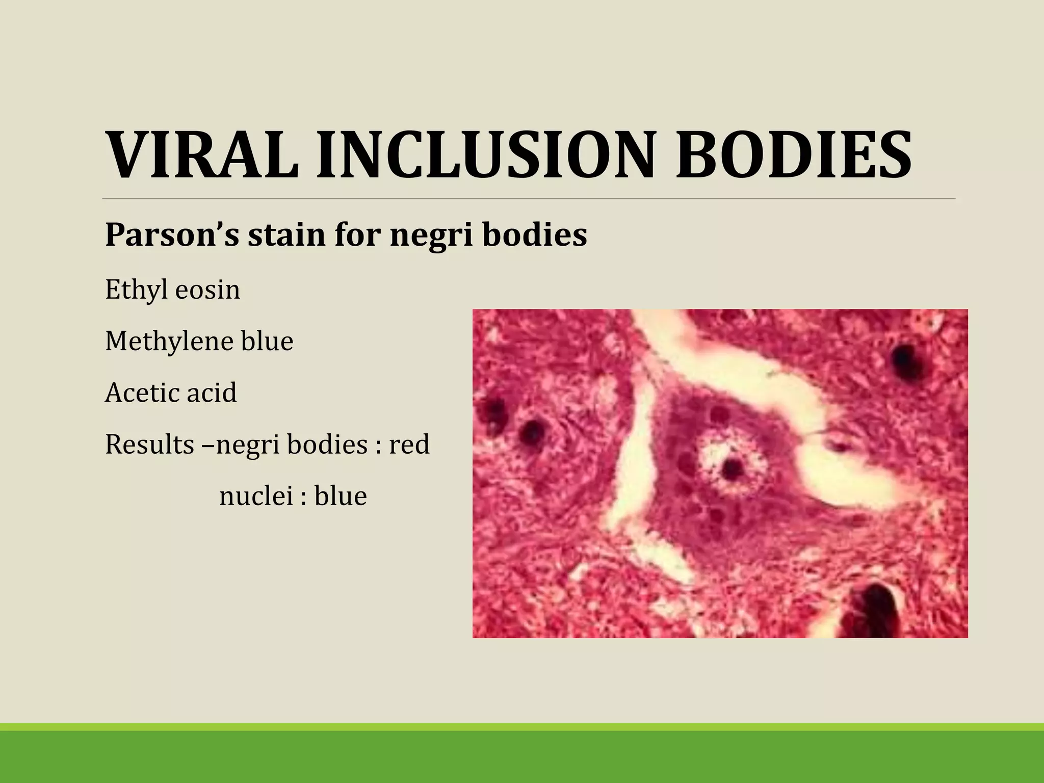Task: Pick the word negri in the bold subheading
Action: pos(431,236)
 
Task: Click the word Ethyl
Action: pos(136,290)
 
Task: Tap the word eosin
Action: pos(207,290)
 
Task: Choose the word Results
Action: pos(149,444)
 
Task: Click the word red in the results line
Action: pos(409,444)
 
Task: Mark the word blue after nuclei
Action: pos(341,495)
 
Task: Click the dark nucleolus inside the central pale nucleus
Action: pos(733,467)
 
